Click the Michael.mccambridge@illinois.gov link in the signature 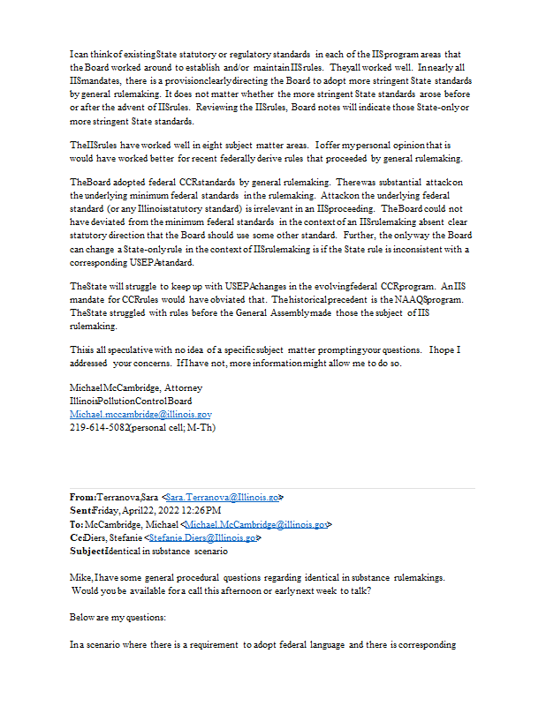pyautogui.click(x=140, y=414)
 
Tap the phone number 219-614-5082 pyautogui.click(x=98, y=427)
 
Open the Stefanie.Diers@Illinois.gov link pyautogui.click(x=202, y=537)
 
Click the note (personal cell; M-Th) pyautogui.click(x=173, y=427)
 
